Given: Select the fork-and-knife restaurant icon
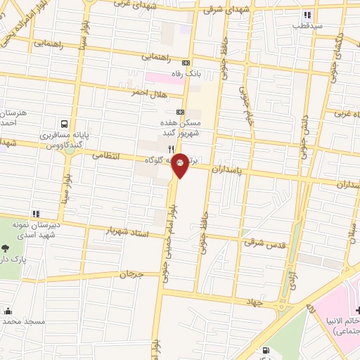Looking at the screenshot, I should click(171, 149).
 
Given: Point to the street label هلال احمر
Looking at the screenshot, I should click(148, 93).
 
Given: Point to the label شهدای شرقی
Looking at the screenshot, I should click(220, 10).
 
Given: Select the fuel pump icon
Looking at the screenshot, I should click(265, 350).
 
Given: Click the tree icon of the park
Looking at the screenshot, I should click(6, 248).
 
